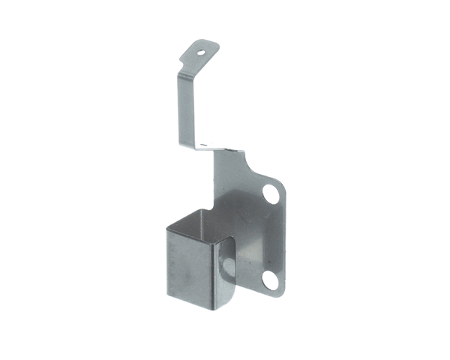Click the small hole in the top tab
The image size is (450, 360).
click(202, 52)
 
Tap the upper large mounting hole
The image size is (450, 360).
click(271, 194)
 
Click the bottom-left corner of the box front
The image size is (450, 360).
click(165, 300)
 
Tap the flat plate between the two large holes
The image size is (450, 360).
click(266, 236)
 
